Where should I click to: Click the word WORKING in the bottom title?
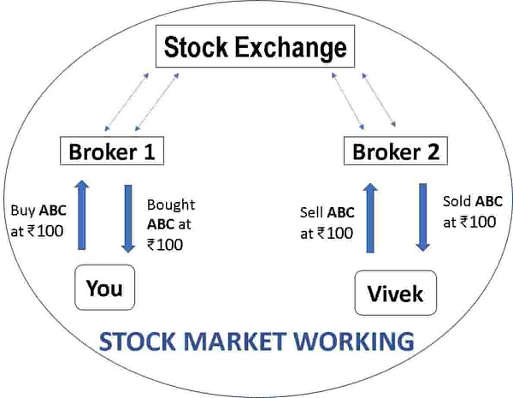[359, 343]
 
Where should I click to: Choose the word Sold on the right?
[458, 203]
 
